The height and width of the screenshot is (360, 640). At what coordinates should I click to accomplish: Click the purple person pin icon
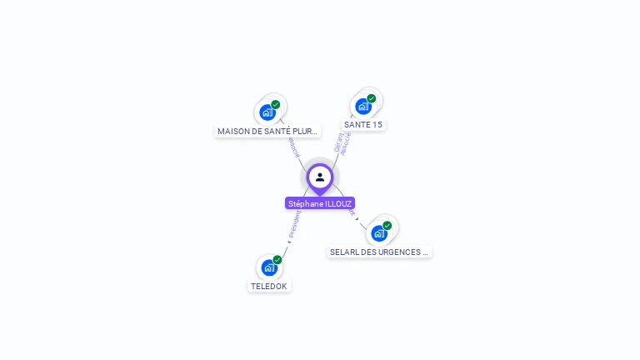coord(320,177)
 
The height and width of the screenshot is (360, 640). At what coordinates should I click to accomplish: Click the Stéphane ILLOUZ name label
coord(320,203)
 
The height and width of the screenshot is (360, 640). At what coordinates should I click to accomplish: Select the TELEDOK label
coord(268,286)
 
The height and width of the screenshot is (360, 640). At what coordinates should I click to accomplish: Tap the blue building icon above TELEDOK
coord(268,267)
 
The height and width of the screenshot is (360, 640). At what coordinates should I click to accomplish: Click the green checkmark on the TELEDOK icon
coord(277,260)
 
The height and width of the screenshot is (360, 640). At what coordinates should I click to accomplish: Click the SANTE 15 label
coord(363,125)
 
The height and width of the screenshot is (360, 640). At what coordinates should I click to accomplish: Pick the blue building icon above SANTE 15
coord(362,107)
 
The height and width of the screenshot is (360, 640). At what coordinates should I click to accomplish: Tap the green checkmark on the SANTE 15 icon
coord(372,98)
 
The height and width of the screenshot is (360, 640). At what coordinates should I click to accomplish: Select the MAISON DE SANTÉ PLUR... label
coord(267,132)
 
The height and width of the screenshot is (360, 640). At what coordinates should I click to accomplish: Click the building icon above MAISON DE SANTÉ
coord(267,112)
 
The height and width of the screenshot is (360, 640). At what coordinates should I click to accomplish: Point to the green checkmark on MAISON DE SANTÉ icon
coord(276,105)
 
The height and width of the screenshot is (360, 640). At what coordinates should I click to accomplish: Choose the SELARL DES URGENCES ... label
coord(379,252)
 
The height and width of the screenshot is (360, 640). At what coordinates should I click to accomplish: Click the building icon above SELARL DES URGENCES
coord(379,233)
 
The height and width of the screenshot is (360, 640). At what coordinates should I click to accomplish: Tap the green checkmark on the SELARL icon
coord(387,226)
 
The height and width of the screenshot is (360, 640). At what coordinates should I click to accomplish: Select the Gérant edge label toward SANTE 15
coord(337,142)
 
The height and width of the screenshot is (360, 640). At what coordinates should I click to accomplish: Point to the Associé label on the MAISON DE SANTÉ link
coord(293,147)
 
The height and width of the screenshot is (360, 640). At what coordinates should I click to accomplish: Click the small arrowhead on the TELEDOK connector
coord(289,242)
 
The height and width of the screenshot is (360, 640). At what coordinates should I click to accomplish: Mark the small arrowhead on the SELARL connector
coord(357,218)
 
